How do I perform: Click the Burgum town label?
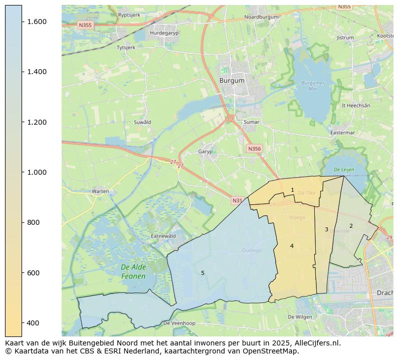pos(232,80)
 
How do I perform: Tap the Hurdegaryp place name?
pos(164,33)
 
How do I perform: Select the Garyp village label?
pos(206,152)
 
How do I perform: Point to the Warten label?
pos(100,191)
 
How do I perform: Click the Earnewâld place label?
pos(163,236)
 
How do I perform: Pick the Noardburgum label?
pos(261,17)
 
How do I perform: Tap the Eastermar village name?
pos(342,133)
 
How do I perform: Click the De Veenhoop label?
pos(179,323)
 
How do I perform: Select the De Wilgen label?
pos(300,317)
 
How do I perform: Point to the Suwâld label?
pos(142,122)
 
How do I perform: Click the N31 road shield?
pos(237,201)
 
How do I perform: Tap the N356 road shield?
pos(254,149)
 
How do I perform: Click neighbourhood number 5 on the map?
pos(203,273)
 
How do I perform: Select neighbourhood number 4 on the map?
pos(292,246)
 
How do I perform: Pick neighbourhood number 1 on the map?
pos(292,190)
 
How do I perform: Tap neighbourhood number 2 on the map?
pos(351,226)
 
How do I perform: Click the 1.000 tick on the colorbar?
pos(37,172)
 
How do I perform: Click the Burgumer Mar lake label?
pos(313,86)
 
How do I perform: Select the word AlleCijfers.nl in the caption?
pos(315,343)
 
